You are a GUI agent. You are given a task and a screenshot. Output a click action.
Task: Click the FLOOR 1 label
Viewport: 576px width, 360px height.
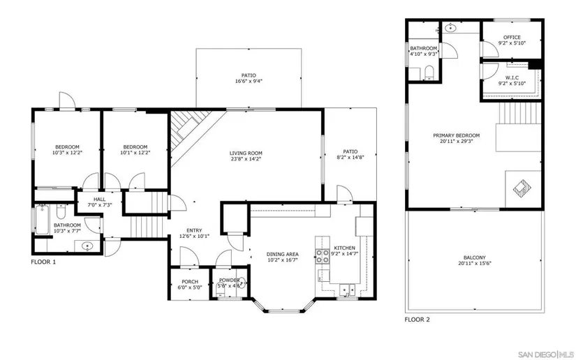(43, 262)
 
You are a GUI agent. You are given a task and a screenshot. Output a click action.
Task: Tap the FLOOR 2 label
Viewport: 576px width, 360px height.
(417, 320)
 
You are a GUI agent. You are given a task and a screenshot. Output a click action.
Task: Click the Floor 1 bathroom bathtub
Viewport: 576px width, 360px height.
(41, 220)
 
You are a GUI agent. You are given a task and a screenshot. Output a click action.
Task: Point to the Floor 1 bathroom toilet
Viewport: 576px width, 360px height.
(61, 213)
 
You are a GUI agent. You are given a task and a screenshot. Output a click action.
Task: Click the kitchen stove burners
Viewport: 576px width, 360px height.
(322, 256)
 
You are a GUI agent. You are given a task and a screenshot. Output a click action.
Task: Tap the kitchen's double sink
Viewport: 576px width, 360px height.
(347, 290)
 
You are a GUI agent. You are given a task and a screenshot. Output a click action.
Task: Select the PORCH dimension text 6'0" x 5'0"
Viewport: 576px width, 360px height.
(190, 287)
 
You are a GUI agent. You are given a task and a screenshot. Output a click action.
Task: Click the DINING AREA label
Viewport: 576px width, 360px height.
(283, 255)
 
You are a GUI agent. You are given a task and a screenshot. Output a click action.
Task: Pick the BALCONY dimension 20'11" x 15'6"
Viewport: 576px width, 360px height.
(475, 264)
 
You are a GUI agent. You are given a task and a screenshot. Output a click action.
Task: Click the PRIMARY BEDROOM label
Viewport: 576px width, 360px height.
(456, 135)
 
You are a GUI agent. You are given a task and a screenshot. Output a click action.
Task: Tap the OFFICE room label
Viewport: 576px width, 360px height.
(512, 38)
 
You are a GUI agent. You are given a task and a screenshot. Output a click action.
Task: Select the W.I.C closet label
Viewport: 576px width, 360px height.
(512, 78)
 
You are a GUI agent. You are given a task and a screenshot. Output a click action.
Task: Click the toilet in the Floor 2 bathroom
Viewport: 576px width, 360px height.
(429, 73)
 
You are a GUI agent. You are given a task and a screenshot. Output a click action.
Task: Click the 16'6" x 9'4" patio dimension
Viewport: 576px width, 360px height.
(249, 82)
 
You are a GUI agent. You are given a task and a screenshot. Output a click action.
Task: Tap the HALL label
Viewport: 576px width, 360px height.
(99, 200)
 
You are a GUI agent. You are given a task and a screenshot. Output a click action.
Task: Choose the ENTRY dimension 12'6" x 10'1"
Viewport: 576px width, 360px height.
(194, 237)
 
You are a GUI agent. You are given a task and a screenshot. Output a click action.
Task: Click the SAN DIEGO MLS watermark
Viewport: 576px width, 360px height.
(546, 354)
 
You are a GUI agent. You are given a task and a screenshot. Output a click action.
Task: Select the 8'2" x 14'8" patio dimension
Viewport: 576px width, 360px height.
(350, 158)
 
